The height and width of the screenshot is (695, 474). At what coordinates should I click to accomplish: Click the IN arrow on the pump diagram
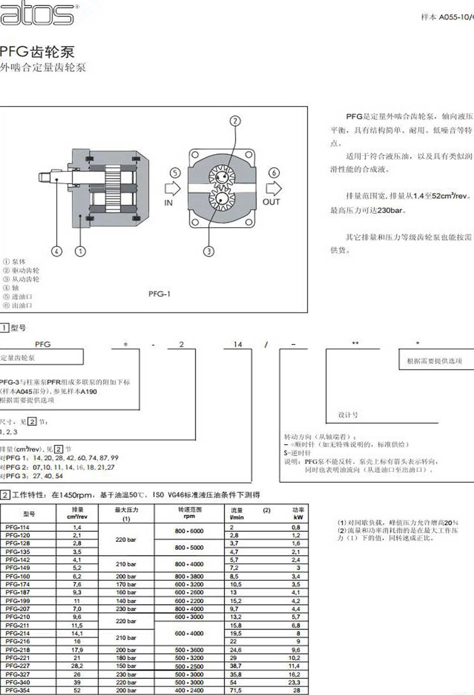tap(173, 189)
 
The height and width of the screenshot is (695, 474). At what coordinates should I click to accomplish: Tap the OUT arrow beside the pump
tap(274, 189)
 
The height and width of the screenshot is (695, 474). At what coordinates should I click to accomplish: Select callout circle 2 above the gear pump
tap(235, 121)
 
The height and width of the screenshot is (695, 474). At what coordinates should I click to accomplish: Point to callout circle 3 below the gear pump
tap(209, 251)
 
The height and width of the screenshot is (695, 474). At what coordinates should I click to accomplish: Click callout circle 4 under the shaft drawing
tap(57, 251)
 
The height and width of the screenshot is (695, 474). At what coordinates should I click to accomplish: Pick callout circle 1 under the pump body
tap(80, 251)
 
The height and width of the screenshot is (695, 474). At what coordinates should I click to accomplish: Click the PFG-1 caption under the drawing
tap(159, 294)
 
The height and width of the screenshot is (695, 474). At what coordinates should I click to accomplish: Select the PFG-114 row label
tap(18, 527)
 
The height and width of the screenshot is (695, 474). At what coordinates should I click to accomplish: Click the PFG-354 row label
tap(18, 690)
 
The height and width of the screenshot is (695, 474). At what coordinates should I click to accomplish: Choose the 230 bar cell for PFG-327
tap(126, 675)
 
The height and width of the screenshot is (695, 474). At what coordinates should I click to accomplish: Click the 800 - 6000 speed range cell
tap(189, 531)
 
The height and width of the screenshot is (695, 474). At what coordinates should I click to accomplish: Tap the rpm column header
tap(189, 516)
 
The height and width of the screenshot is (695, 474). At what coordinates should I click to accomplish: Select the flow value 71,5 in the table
tap(236, 690)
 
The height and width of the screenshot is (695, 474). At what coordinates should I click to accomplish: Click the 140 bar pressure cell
tap(126, 601)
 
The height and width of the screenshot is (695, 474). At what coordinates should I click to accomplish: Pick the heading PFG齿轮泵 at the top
tap(37, 52)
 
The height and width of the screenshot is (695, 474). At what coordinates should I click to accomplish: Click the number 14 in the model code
tap(237, 344)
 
